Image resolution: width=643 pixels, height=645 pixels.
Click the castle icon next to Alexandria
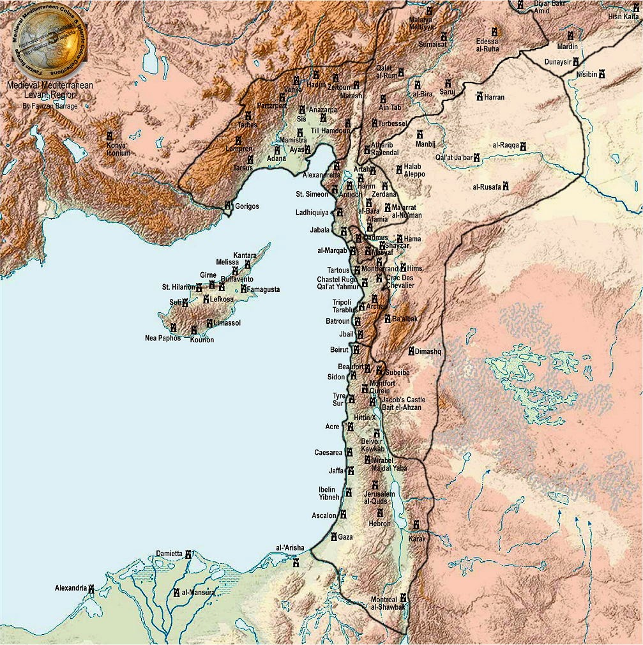point(91,588)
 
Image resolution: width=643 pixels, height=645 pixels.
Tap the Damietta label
point(169,554)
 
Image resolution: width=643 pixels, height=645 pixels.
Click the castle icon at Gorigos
point(228,206)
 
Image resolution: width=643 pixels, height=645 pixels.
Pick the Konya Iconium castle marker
point(109,137)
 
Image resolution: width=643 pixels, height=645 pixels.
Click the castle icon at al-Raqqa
point(523,146)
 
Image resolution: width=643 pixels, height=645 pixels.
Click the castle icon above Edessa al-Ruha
point(494,31)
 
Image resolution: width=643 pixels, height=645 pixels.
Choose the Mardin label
point(567,47)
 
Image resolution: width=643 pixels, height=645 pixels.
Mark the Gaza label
point(345,536)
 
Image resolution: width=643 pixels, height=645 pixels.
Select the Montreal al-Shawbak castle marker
point(403,598)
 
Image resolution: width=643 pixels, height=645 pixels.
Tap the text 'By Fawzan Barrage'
point(50,106)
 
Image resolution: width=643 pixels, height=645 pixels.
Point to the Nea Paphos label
point(163,338)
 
